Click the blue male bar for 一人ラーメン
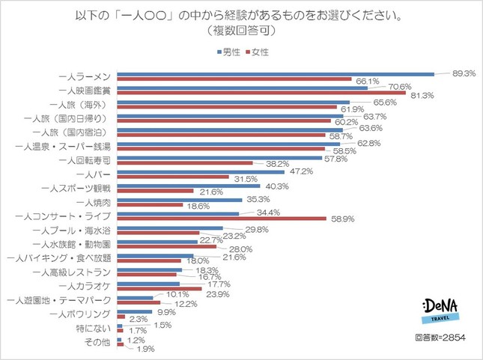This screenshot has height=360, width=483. (276, 74)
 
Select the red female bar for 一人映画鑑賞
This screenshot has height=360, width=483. (261, 93)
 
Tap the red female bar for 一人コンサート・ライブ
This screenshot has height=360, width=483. (222, 219)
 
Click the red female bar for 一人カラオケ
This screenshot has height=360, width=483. (160, 289)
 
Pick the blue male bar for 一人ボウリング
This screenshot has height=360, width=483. (135, 311)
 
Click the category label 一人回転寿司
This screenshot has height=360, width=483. (86, 160)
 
